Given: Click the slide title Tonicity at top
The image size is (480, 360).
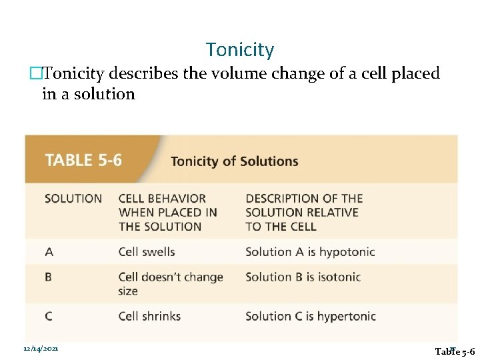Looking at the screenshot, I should click(240, 50).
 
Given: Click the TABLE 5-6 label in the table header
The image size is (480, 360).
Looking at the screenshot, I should click(83, 161).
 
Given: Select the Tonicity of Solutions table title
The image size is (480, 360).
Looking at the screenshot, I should click(235, 161).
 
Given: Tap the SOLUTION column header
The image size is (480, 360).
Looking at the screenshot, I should click(73, 199).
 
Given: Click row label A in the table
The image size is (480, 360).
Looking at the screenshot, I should click(49, 252).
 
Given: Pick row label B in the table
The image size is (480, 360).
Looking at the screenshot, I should click(49, 277).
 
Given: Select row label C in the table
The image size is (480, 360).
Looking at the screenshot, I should click(49, 316).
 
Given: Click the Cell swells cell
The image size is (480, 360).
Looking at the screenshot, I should click(147, 252).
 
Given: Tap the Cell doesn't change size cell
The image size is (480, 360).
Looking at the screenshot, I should click(170, 283).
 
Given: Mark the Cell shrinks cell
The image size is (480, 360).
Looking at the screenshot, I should click(149, 316).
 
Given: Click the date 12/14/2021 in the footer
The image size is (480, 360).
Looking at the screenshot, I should click(41, 349).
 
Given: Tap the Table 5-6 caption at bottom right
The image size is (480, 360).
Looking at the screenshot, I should click(454, 351).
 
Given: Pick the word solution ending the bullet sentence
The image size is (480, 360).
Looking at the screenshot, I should click(107, 94).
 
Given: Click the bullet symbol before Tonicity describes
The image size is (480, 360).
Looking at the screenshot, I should click(45, 73).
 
